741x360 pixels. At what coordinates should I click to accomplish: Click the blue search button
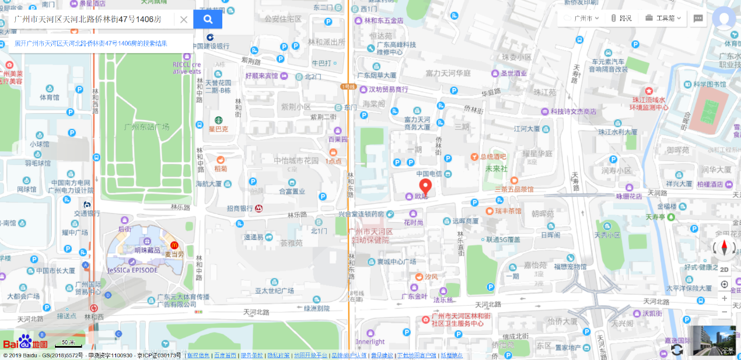pos(208,19)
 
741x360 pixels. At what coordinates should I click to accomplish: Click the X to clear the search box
pos(183,20)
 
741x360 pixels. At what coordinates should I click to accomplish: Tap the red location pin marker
pos(425,186)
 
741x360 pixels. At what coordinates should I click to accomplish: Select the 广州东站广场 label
pos(146,127)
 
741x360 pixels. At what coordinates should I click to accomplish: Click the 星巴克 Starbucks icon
pos(219,120)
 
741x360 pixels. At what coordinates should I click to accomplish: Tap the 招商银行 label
pos(240,208)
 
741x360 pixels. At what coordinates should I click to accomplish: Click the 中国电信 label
pos(429,174)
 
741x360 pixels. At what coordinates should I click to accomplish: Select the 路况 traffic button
pos(621,18)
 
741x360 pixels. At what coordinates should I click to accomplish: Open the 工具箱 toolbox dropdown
pos(663,18)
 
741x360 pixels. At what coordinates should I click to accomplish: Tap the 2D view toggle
pos(724,270)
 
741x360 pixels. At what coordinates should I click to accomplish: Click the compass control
pos(725,248)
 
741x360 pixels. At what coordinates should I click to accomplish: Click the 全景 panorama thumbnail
pos(712,341)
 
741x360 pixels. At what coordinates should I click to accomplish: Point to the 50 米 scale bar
pos(68,344)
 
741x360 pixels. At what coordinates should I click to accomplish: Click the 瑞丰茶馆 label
pos(508,211)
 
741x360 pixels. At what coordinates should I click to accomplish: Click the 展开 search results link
pos(91,43)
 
